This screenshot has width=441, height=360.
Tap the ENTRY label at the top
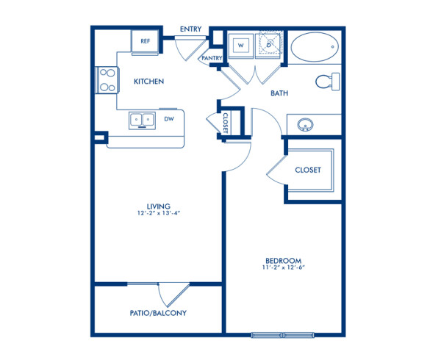(x=191, y=29)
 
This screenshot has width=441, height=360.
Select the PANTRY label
(x=212, y=57)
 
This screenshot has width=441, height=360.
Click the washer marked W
(x=239, y=46)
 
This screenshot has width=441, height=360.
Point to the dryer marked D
(x=269, y=46)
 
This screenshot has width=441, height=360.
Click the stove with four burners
(x=107, y=79)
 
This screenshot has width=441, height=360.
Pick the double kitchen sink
(x=141, y=118)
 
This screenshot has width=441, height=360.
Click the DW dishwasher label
(x=169, y=118)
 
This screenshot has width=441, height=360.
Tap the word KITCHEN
(x=148, y=82)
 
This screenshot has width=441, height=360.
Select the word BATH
(x=279, y=93)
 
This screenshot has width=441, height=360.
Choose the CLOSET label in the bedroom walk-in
(x=308, y=170)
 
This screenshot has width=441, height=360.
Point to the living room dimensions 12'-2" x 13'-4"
(x=159, y=214)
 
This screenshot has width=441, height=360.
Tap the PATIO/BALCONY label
(x=158, y=313)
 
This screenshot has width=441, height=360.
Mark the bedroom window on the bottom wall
(x=283, y=335)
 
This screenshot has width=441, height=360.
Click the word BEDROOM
(x=283, y=261)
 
